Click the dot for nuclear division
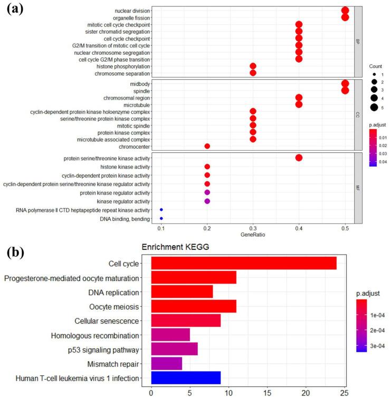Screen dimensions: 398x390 345,10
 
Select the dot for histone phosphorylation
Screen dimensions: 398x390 253,66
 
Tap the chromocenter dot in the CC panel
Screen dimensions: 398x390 207,146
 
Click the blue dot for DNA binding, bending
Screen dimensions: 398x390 161,218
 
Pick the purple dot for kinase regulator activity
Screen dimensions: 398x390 207,201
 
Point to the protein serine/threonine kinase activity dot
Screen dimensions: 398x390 299,158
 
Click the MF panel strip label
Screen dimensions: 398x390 357,188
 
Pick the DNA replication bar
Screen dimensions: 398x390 182,292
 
